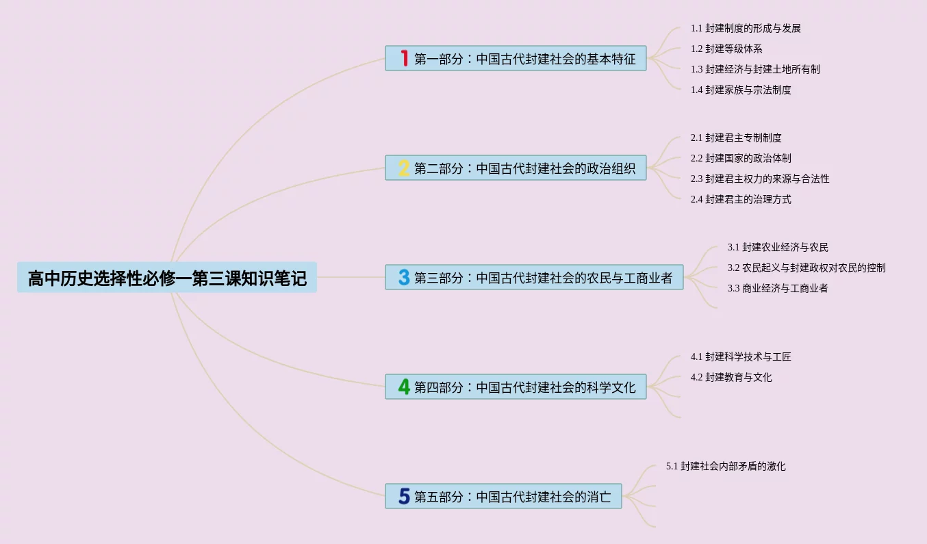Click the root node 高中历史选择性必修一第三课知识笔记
pyautogui.click(x=167, y=278)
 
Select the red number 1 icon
pyautogui.click(x=404, y=58)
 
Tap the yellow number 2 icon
pyautogui.click(x=404, y=168)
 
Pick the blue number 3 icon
pyautogui.click(x=404, y=277)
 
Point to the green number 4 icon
pyautogui.click(x=404, y=387)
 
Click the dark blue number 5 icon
pyautogui.click(x=404, y=496)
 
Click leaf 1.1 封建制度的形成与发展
pyautogui.click(x=746, y=29)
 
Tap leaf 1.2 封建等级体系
pyautogui.click(x=726, y=49)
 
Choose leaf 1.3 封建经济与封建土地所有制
pyautogui.click(x=755, y=69)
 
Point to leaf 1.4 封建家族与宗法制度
pyautogui.click(x=741, y=90)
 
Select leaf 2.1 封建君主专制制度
pyautogui.click(x=736, y=138)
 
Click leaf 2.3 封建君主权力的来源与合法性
pyautogui.click(x=760, y=179)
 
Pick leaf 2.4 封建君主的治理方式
pyautogui.click(x=741, y=199)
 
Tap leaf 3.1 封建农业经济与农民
pyautogui.click(x=778, y=247)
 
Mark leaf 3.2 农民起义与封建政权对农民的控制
pyautogui.click(x=807, y=268)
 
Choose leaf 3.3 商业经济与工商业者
pyautogui.click(x=778, y=288)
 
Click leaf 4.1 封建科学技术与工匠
pyautogui.click(x=741, y=357)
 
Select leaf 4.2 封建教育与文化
pyautogui.click(x=731, y=377)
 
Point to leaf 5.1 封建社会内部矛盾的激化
pyautogui.click(x=726, y=466)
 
